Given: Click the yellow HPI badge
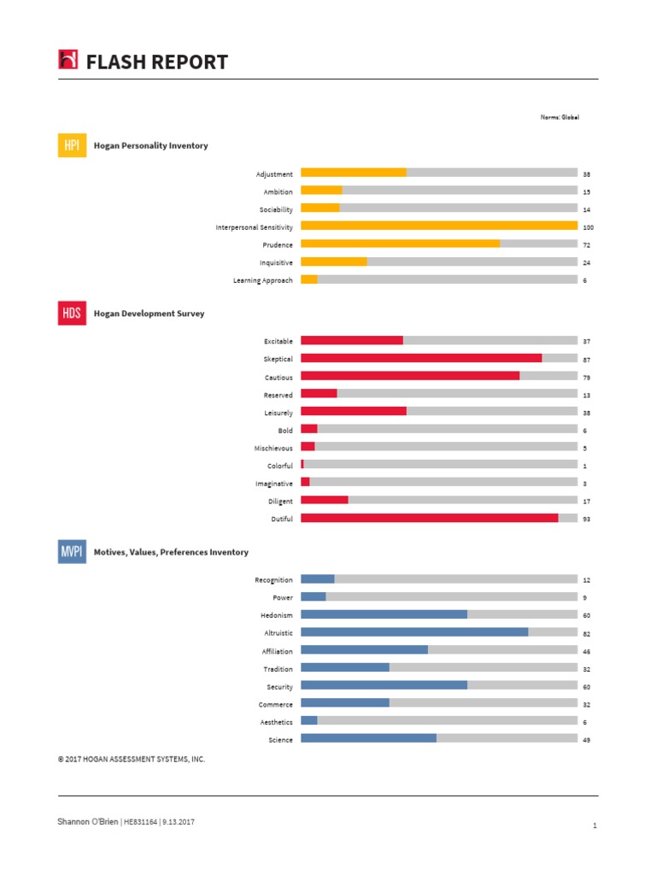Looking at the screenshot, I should tap(72, 145).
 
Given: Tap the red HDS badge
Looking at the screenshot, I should tap(72, 314).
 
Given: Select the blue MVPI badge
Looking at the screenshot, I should tap(72, 552).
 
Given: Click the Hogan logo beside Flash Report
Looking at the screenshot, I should tap(68, 60).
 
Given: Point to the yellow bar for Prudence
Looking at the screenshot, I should tap(400, 244).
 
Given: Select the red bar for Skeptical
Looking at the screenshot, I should tap(421, 359).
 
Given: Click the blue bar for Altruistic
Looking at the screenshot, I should tap(414, 633).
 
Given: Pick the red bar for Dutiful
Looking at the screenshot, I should tap(429, 519).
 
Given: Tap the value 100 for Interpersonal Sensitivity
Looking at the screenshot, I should tap(588, 227).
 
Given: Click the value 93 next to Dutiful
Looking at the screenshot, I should tap(587, 520).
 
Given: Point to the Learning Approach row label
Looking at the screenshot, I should tap(263, 280).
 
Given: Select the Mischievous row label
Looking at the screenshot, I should tap(273, 449).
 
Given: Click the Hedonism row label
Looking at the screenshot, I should tap(277, 615).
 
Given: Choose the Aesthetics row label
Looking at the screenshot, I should tap(276, 722).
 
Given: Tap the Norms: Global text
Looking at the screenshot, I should tap(559, 117).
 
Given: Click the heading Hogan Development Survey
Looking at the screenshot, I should tap(149, 314).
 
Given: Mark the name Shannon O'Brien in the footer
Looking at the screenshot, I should tap(88, 822).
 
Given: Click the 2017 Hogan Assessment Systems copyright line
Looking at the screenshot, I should tap(132, 759).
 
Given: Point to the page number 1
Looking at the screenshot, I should tap(593, 826).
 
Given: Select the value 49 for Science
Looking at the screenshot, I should tap(587, 740).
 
